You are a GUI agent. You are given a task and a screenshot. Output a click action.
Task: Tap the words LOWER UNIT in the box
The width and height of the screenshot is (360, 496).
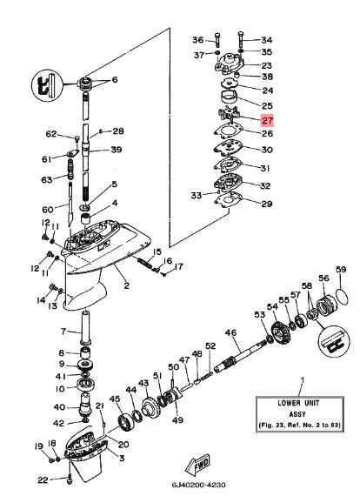pos(301,405)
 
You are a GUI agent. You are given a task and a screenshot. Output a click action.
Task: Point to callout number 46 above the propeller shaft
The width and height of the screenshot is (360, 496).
pos(230,332)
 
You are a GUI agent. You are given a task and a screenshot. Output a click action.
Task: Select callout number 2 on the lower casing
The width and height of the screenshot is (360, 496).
pos(126,285)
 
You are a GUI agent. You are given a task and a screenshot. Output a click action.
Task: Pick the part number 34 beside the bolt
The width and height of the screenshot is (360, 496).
pos(266,40)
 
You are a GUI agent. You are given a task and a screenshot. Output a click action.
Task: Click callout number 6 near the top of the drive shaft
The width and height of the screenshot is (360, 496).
pos(113,80)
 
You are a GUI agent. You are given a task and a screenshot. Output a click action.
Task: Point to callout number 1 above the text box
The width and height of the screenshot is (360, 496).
pos(301,381)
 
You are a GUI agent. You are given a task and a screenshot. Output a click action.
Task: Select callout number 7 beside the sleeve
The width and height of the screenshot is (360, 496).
pos(63,331)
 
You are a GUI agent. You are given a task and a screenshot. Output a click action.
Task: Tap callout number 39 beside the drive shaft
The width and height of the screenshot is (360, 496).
pos(117,150)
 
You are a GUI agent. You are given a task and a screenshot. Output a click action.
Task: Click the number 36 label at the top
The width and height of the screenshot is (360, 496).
pos(197,40)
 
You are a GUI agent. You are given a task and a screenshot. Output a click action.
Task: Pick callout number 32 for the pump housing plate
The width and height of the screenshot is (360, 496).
pos(266,185)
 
